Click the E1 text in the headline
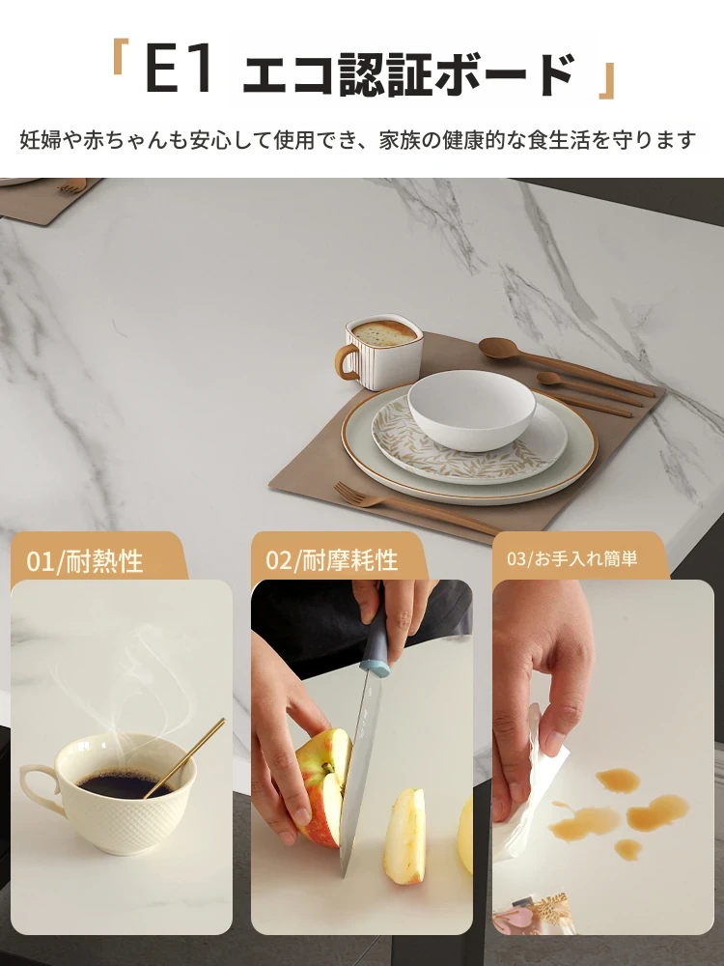(180, 71)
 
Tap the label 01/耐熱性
(84, 561)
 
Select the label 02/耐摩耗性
(332, 560)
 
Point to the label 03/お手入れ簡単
(571, 558)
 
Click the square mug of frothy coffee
(379, 352)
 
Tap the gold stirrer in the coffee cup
(184, 757)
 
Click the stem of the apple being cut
(327, 768)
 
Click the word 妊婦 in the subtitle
(40, 140)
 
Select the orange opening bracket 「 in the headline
(120, 57)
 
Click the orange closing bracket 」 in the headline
(606, 80)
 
